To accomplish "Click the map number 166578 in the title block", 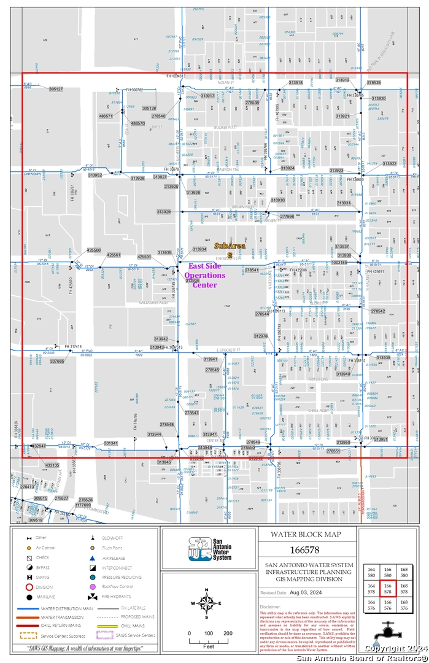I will pos(306,549).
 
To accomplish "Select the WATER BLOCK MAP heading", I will pos(306,534).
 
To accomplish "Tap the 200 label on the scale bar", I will pos(227,633).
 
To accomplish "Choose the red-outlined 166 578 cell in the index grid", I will pos(387,589).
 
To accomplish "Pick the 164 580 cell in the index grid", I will pos(371,572).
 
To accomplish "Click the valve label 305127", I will pos(56,89).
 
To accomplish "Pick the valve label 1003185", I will pos(339,262).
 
